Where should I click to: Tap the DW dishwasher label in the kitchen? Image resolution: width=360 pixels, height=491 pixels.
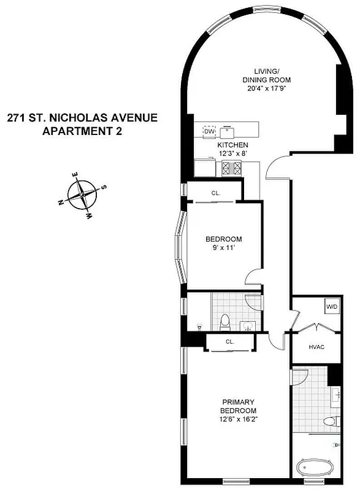pyautogui.click(x=209, y=132)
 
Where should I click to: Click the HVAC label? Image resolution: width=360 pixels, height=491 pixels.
pyautogui.click(x=316, y=348)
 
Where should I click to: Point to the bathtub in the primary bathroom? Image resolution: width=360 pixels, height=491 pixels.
pyautogui.click(x=317, y=470)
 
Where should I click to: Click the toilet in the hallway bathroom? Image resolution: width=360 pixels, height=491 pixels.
pyautogui.click(x=224, y=320)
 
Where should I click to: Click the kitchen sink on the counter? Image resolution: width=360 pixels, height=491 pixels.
pyautogui.click(x=229, y=131)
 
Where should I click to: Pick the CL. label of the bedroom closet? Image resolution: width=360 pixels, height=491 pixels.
pyautogui.click(x=216, y=193)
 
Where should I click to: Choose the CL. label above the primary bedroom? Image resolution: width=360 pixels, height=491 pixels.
pyautogui.click(x=230, y=342)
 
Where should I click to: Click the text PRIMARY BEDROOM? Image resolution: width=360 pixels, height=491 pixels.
pyautogui.click(x=239, y=406)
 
